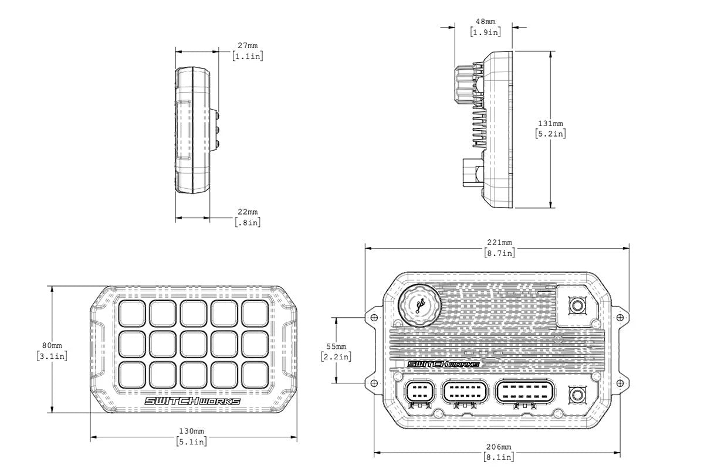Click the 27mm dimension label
tap(247, 46)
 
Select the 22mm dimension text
tap(247, 212)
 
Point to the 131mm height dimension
tap(550, 124)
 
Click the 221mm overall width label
tap(499, 243)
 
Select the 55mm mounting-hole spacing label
tap(336, 346)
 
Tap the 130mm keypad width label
tap(191, 431)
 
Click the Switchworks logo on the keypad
tap(192, 402)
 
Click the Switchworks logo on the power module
tap(444, 364)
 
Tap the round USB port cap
tap(418, 305)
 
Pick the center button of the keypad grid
tap(193, 345)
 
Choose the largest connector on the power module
tap(523, 393)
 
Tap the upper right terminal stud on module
tap(577, 305)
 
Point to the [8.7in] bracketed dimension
tap(499, 253)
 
